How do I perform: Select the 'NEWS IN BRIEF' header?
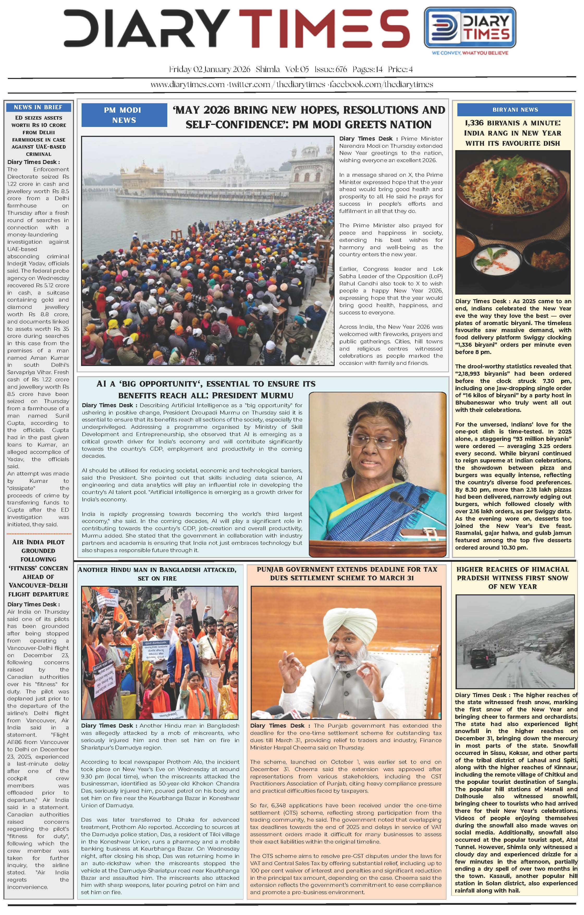pos(38,107)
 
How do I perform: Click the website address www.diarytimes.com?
pos(187,84)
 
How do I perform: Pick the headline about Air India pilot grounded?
pos(38,568)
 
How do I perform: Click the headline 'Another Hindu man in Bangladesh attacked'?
pos(157,574)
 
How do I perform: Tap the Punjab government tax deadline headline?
pos(347,574)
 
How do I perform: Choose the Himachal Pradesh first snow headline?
pos(513,578)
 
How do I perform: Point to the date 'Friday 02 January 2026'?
pos(210,70)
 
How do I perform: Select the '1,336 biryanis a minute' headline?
pos(513,133)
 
